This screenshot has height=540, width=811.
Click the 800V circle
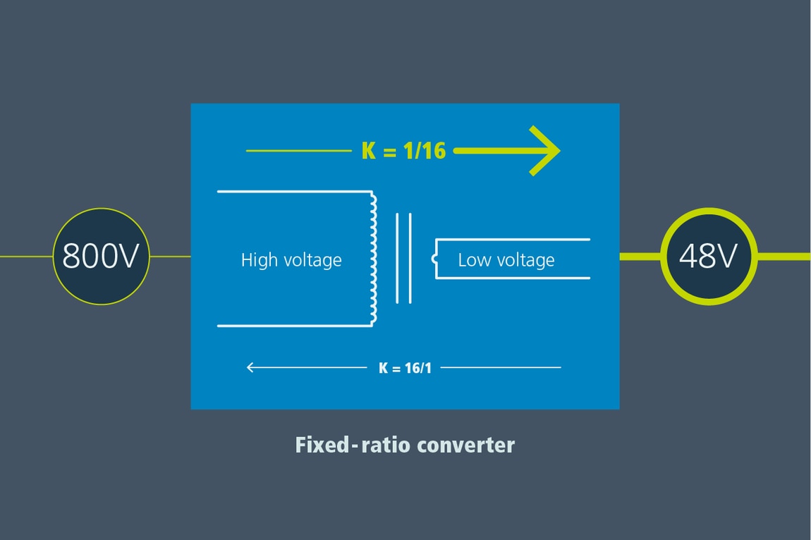pyautogui.click(x=102, y=257)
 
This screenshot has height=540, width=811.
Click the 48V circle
pyautogui.click(x=708, y=257)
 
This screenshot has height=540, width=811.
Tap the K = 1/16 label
pyautogui.click(x=403, y=151)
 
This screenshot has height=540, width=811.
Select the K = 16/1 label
pyautogui.click(x=405, y=367)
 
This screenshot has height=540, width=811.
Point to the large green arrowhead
pyautogui.click(x=546, y=151)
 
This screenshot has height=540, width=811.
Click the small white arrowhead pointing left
pyautogui.click(x=250, y=367)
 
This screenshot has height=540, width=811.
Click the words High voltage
pyautogui.click(x=291, y=260)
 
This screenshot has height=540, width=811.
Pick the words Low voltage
pyautogui.click(x=506, y=260)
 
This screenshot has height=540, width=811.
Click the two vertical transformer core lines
pyautogui.click(x=403, y=258)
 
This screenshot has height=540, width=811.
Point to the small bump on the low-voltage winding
pyautogui.click(x=434, y=259)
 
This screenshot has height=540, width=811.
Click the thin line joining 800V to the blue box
pyautogui.click(x=170, y=257)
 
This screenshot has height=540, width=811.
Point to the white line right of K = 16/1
pyautogui.click(x=501, y=367)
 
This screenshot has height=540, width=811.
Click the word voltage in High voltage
pyautogui.click(x=312, y=260)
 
